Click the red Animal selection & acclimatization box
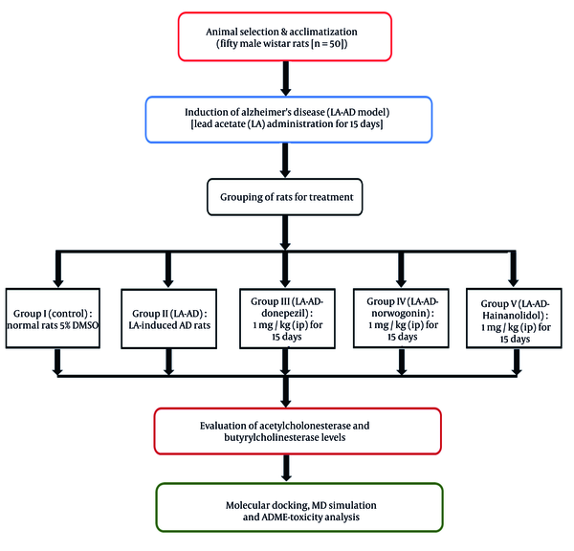[x=285, y=36]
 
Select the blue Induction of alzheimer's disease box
[x=289, y=120]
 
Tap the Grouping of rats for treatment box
[x=285, y=197]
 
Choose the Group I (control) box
[x=53, y=318]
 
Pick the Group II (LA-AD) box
[x=168, y=319]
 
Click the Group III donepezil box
[x=287, y=319]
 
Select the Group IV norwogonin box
[x=401, y=318]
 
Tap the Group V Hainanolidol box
[x=514, y=318]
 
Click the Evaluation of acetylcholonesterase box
[x=298, y=430]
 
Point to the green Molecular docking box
[x=299, y=507]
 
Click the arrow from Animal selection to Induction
[x=285, y=78]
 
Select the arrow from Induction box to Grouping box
[x=285, y=161]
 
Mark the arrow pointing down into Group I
[x=58, y=270]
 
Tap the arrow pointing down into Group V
[x=513, y=270]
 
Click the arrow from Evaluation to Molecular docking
[x=286, y=469]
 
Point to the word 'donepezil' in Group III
[x=284, y=314]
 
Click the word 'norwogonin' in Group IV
[x=400, y=314]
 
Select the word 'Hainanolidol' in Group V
[x=512, y=316]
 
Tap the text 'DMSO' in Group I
[x=85, y=325]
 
